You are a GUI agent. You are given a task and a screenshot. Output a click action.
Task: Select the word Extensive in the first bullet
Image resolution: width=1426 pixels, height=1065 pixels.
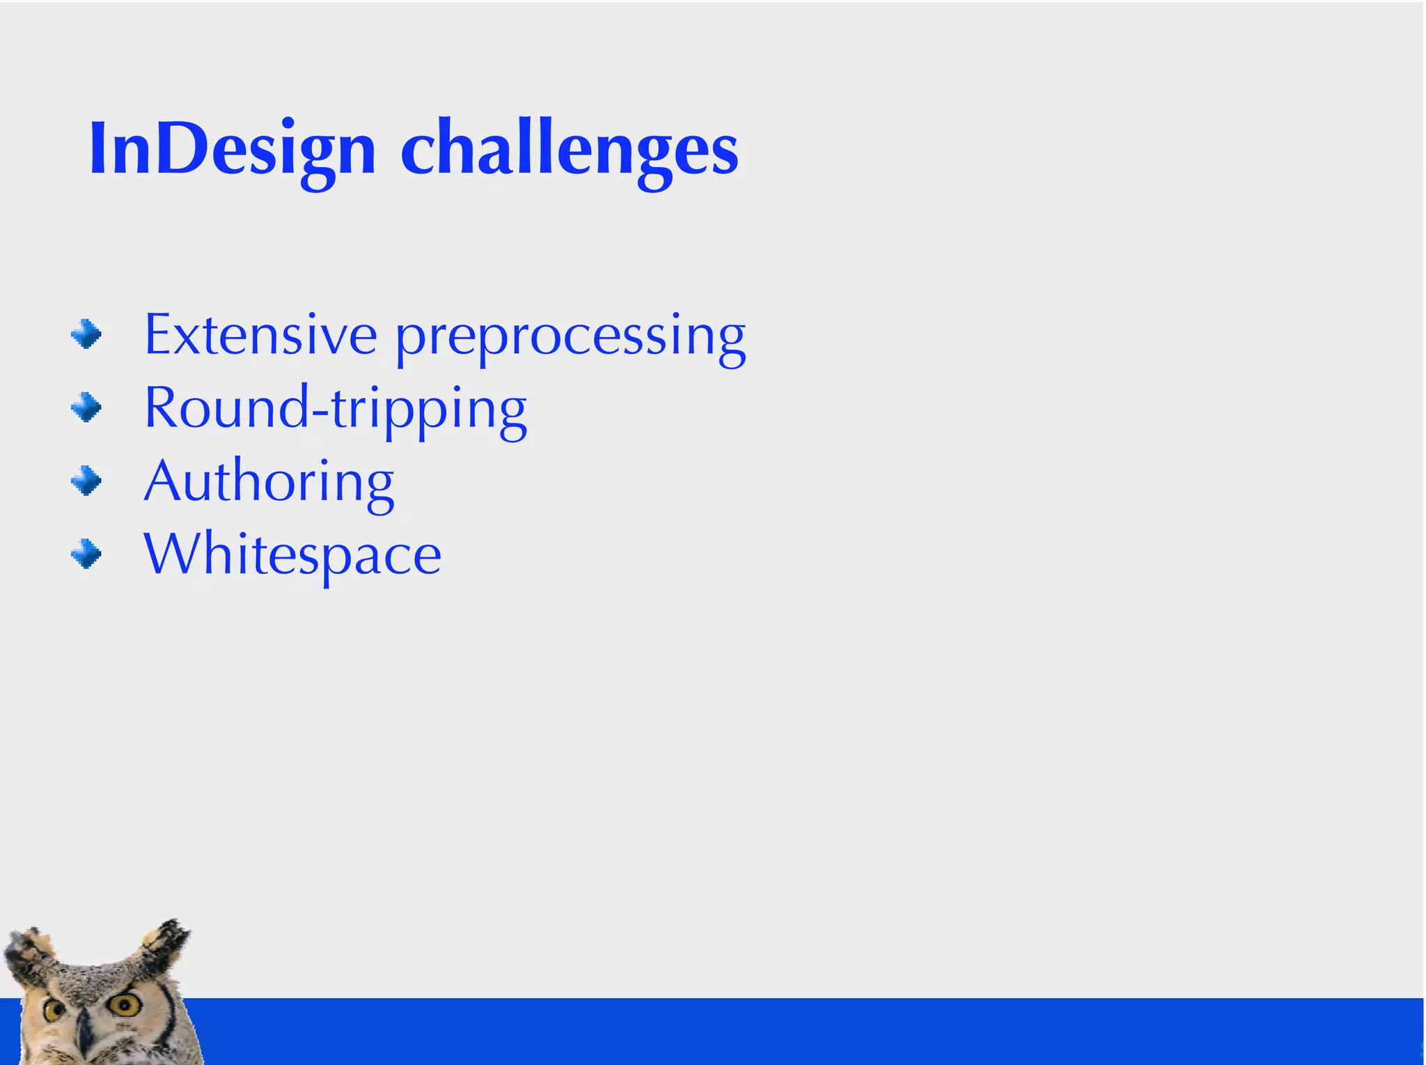260,336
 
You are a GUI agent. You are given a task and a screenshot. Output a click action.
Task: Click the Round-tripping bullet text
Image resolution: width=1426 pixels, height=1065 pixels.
335,409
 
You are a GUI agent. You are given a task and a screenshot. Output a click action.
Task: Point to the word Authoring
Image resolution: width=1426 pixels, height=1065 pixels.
269,482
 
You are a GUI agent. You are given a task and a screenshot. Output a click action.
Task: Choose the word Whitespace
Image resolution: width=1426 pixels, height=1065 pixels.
292,555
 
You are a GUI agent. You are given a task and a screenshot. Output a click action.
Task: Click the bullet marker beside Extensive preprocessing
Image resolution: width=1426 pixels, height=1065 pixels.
86,334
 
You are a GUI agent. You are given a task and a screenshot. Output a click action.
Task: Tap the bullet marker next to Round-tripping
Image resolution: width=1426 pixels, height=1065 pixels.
86,407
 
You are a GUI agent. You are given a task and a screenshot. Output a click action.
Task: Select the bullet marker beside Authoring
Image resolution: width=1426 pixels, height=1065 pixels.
86,481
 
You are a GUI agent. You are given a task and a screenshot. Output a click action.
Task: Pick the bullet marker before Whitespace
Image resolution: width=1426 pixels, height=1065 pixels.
86,554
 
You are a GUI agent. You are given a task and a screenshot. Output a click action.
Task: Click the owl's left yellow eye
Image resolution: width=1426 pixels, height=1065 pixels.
54,1010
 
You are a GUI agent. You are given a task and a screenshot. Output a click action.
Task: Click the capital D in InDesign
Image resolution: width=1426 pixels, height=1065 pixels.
182,148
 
